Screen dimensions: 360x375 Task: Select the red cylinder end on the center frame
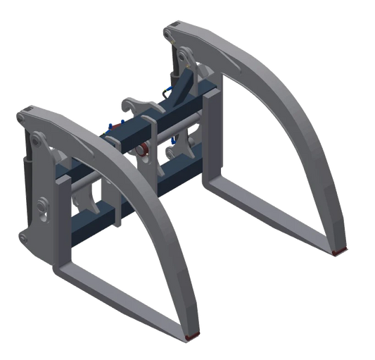143,149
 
